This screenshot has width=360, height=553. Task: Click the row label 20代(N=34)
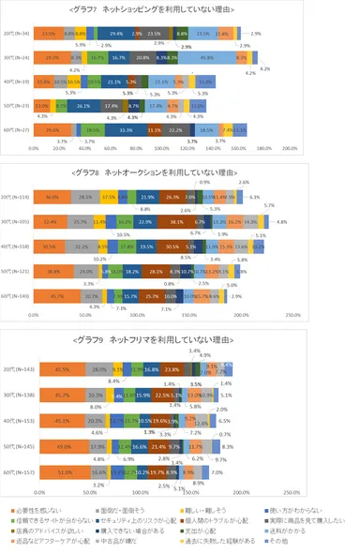point(17,32)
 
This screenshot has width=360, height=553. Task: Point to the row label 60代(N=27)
point(17,130)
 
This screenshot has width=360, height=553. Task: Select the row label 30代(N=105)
point(17,222)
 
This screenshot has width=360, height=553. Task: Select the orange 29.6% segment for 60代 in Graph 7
point(52,130)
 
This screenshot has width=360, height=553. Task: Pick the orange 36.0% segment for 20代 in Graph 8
point(52,197)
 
